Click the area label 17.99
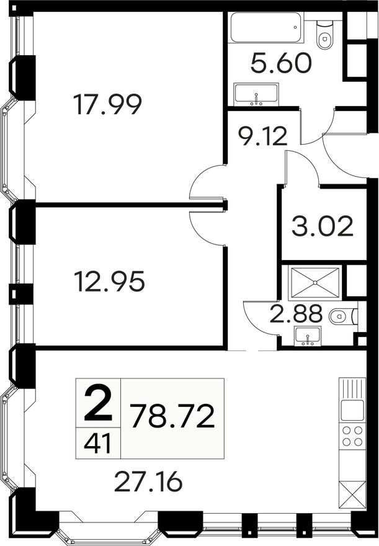pos(107,104)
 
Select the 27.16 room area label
pos(151,480)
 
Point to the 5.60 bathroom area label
pos(281,63)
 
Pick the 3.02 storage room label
pos(323,226)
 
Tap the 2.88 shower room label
pos(296,314)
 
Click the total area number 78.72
pos(173,416)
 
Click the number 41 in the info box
pos(97,444)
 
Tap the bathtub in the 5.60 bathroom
pos(266,29)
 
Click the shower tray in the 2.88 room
pos(316,283)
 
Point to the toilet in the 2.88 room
pos(341,317)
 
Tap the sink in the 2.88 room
pos(306,337)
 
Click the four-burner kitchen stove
pos(352,435)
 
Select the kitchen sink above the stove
pos(352,409)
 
